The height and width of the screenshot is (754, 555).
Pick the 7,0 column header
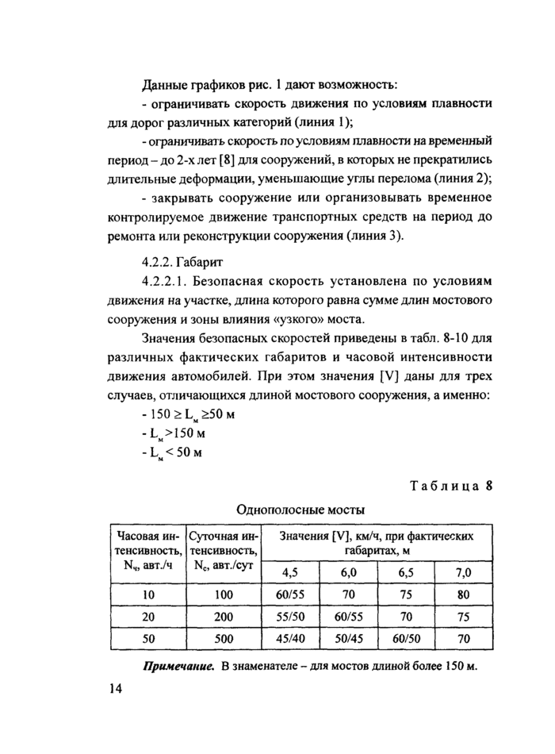[464, 572]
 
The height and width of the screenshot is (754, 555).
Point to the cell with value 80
[464, 593]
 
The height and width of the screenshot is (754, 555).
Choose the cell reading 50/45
[348, 637]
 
